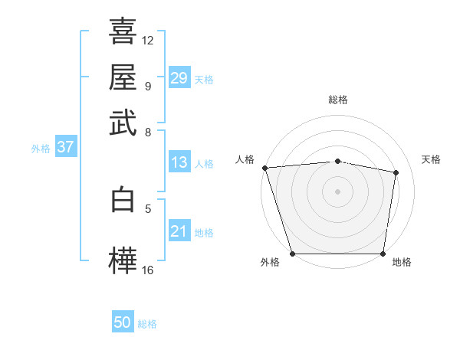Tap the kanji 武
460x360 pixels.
tap(123, 123)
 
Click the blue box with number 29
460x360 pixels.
tap(179, 78)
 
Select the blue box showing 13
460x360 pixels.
tap(179, 162)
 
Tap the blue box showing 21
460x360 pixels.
tap(179, 231)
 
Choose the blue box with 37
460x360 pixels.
tap(65, 147)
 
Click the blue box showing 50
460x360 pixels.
tap(123, 323)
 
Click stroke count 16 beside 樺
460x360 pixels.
tap(148, 270)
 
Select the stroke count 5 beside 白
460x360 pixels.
tap(148, 208)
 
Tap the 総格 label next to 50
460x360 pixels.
tap(147, 324)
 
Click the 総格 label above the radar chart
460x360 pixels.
tap(338, 100)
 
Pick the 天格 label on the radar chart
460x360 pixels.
tap(431, 159)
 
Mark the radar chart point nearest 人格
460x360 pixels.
tap(264, 168)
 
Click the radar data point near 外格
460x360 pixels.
tap(293, 254)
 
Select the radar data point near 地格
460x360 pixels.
tap(383, 254)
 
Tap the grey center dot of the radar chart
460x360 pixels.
tap(338, 191)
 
